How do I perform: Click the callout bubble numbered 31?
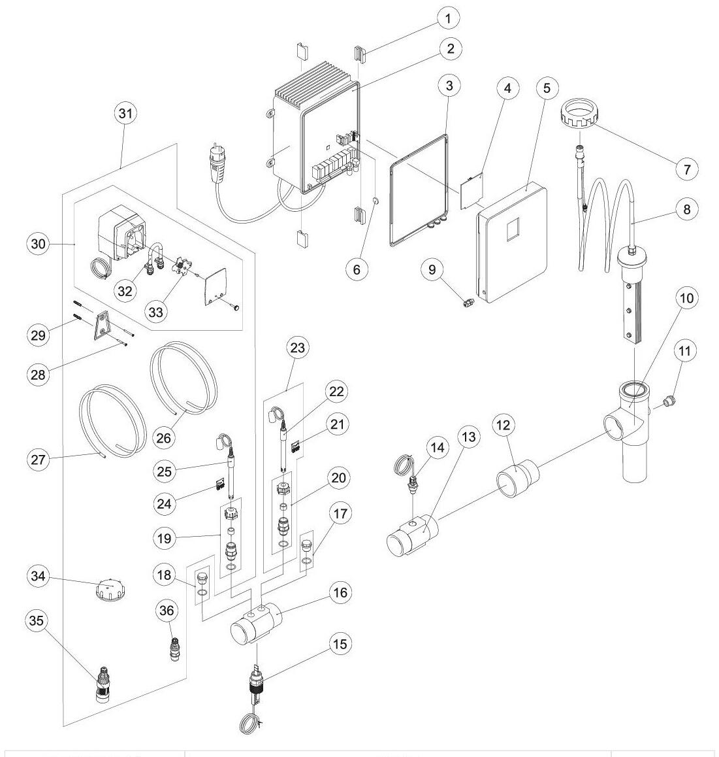[124, 113]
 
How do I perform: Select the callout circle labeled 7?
[686, 169]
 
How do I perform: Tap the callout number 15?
[340, 643]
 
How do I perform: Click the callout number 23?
[297, 348]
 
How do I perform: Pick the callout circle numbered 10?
[686, 298]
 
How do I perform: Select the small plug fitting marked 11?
[669, 400]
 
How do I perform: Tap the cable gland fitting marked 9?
[468, 303]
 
